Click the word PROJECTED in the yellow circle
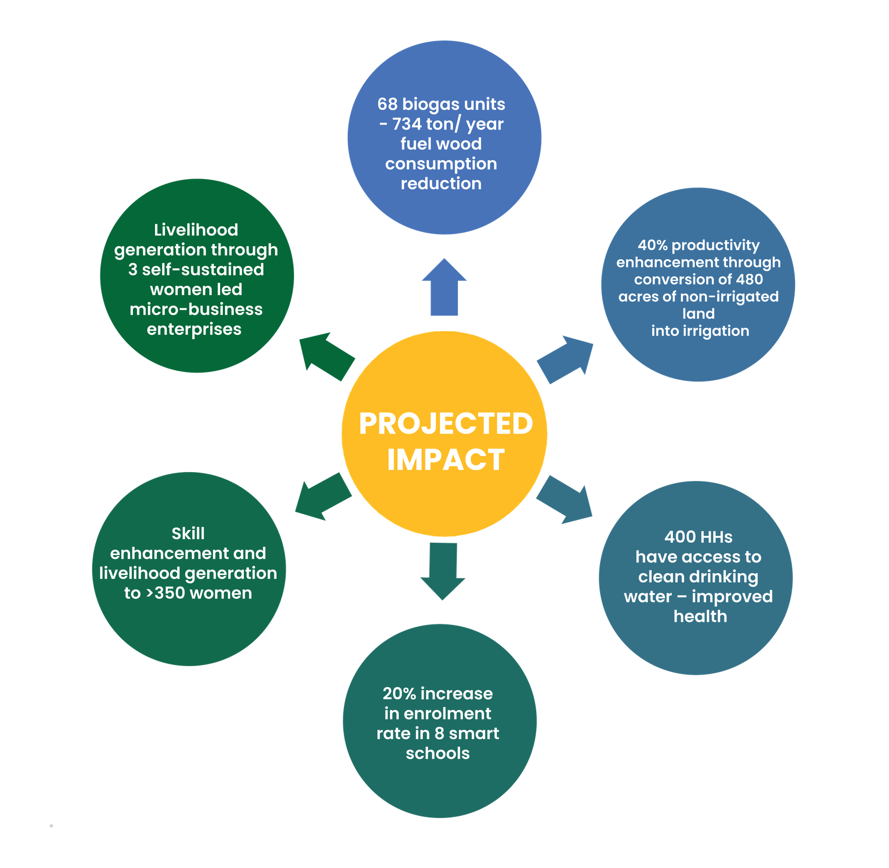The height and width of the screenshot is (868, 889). tap(446, 424)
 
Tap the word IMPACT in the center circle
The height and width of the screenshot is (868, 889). tap(446, 460)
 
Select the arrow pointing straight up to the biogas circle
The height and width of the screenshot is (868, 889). tap(444, 287)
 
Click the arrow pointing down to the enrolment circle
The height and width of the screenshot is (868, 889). tap(443, 571)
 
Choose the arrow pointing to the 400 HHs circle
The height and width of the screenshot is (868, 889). tap(565, 499)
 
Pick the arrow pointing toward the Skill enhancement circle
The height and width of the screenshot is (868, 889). tap(323, 497)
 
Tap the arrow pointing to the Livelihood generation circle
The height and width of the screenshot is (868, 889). tap(327, 356)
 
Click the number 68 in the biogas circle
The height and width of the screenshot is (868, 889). tap(387, 104)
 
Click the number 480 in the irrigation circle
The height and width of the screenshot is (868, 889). tap(750, 279)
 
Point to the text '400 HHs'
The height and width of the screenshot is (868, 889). tap(698, 537)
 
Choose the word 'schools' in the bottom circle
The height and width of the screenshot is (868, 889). tap(438, 753)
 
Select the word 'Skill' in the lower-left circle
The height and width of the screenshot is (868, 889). tap(188, 534)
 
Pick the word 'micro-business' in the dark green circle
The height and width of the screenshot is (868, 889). tap(196, 309)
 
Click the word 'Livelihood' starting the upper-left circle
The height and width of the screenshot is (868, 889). tap(196, 230)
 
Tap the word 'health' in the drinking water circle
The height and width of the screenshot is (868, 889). tap(700, 617)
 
